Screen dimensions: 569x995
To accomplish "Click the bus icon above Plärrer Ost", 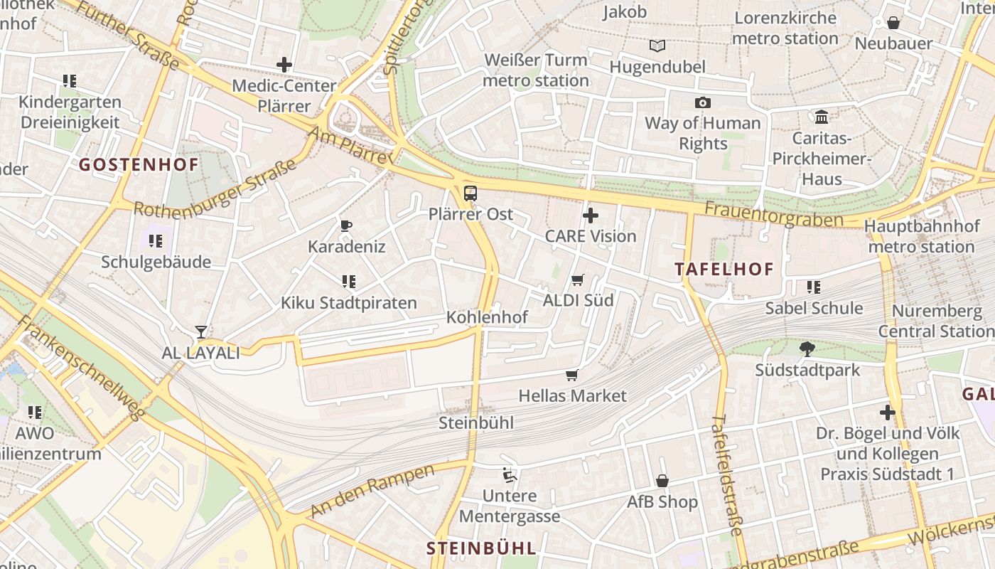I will click(470, 193).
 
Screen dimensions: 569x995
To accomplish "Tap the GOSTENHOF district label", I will click(139, 165).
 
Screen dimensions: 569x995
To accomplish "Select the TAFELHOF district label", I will click(724, 269).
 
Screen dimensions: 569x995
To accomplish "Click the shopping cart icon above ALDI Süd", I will click(578, 280).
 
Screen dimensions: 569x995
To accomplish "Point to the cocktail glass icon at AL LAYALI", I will click(201, 331).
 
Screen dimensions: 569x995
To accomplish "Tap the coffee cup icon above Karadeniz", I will click(346, 226).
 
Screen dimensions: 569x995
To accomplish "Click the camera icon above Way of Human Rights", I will click(702, 102).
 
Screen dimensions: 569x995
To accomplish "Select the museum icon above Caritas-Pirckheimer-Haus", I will click(822, 117).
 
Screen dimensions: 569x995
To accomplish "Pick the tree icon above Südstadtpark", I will click(807, 349).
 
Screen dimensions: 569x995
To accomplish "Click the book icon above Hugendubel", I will click(657, 46).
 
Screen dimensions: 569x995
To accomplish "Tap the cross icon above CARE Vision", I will click(590, 215).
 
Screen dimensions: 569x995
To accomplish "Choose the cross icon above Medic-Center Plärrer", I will click(284, 65).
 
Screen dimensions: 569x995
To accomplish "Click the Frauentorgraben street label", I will click(774, 214).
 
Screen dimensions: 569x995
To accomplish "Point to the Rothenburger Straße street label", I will click(215, 191).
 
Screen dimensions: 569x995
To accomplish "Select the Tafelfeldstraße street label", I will click(727, 474).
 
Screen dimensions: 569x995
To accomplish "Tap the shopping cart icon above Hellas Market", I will click(572, 375).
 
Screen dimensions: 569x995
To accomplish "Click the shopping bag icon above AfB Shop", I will click(662, 481).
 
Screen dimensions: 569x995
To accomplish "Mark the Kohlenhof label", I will click(487, 317).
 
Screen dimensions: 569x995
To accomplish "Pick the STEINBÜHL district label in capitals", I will click(480, 548).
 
